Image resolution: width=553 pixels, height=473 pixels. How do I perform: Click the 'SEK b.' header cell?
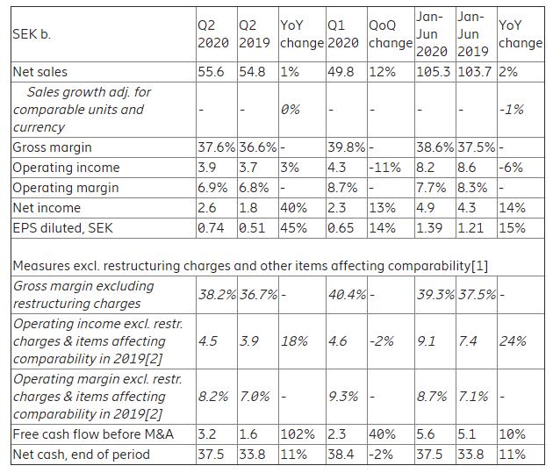click(32, 34)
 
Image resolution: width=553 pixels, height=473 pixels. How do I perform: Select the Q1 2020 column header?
click(343, 34)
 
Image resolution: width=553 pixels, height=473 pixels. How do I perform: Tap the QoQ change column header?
click(391, 34)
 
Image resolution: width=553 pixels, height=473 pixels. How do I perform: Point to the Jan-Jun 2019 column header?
click(473, 34)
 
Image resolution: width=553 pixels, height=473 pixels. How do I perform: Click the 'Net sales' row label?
click(39, 72)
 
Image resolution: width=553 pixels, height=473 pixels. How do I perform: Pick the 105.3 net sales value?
click(434, 72)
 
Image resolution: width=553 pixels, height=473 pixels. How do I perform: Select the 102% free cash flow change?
click(298, 434)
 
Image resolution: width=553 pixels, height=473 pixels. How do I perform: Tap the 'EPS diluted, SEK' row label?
click(63, 228)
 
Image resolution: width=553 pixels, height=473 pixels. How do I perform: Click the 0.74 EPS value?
click(211, 228)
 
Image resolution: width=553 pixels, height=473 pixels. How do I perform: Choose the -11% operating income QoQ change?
click(384, 168)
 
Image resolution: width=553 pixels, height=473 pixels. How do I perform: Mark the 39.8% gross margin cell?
click(347, 147)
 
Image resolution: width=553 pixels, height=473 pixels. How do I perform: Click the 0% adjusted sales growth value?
click(291, 110)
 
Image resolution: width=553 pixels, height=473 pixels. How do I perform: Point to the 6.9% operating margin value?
click(212, 188)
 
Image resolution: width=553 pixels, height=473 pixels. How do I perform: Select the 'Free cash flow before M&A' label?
click(93, 434)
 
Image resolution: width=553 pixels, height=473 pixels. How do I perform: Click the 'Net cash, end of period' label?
click(81, 455)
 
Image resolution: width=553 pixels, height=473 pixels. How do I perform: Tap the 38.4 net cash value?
click(341, 455)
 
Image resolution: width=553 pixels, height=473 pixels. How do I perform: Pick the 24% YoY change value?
click(513, 341)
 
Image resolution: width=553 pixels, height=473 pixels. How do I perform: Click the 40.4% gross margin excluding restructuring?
click(348, 294)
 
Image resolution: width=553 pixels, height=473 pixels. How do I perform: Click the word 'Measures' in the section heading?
click(41, 266)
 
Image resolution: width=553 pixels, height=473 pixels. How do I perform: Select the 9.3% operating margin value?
click(343, 397)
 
